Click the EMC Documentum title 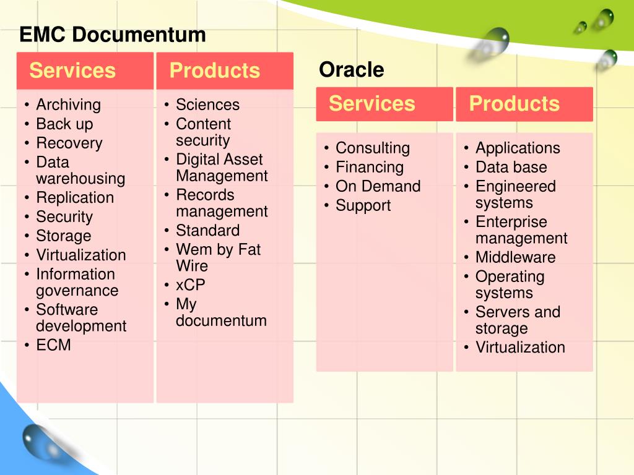[x=112, y=35]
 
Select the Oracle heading [x=351, y=70]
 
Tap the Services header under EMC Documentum [x=72, y=71]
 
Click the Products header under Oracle [x=514, y=103]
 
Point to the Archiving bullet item [x=68, y=105]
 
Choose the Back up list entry [x=64, y=124]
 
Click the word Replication [x=75, y=198]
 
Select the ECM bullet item [x=53, y=345]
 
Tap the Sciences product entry [x=207, y=105]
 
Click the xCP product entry [x=190, y=285]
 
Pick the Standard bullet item [x=207, y=231]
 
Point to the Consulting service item [x=372, y=148]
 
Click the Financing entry [x=369, y=167]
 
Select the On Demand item [x=378, y=186]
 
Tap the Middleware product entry [x=515, y=257]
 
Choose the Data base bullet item [x=511, y=167]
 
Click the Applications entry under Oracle [x=518, y=148]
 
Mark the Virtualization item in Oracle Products [x=520, y=348]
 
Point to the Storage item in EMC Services [x=63, y=236]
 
